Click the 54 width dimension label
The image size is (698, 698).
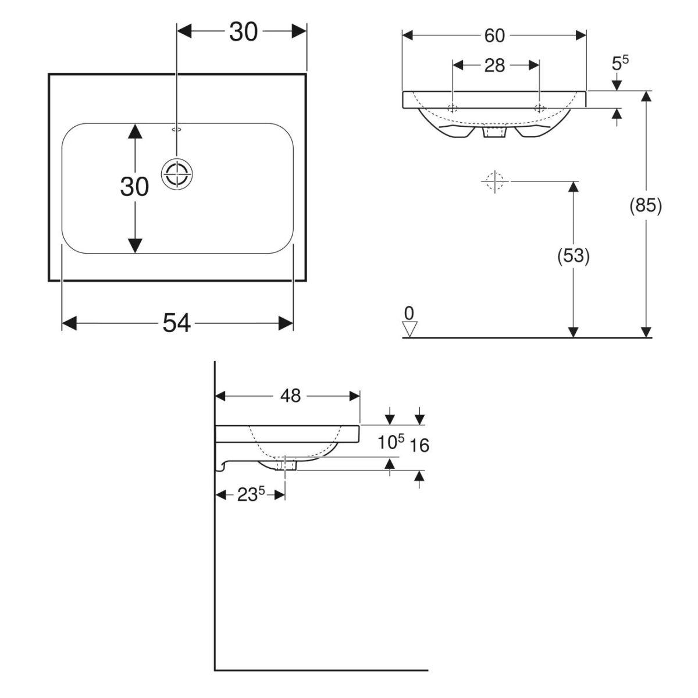coord(177,323)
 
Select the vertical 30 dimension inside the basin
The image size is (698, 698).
coord(134,187)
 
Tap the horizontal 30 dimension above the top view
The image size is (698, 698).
coord(243,33)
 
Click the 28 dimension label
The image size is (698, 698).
coord(494,65)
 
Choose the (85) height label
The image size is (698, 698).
coord(646,205)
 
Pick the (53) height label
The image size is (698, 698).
coord(573,256)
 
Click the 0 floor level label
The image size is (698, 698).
coord(409,313)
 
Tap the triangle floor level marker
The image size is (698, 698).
coord(409,330)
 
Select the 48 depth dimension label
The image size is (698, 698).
coord(290,396)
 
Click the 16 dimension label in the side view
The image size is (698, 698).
coord(419,446)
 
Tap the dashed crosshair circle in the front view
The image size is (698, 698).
coord(495,181)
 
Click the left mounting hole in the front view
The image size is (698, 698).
coord(453,108)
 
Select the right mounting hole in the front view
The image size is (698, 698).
coord(540,108)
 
